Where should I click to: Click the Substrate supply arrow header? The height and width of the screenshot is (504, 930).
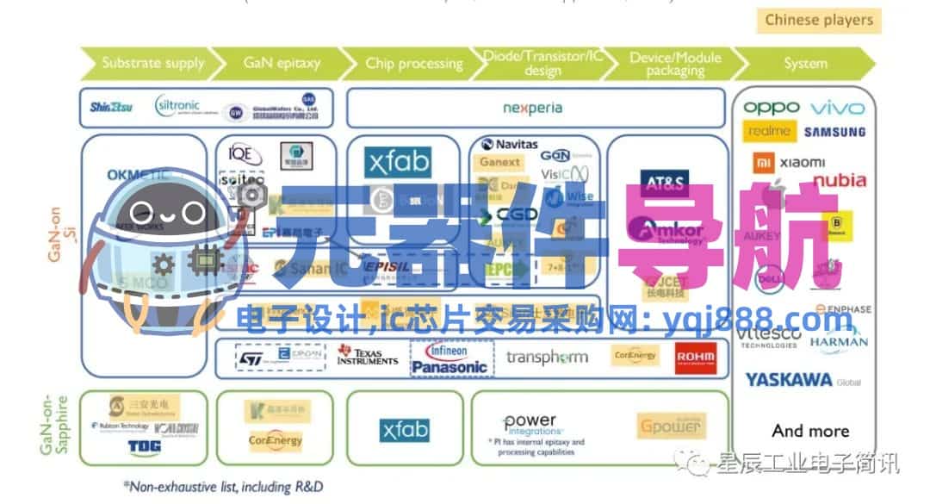152,63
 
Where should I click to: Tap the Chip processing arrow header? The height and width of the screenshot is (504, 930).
413,63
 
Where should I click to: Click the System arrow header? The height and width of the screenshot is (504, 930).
805,63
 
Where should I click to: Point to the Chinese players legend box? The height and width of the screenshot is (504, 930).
818,20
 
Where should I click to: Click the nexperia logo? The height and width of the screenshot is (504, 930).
532,108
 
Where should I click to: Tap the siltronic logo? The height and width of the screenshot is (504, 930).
177,106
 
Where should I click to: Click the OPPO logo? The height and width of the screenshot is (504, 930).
771,108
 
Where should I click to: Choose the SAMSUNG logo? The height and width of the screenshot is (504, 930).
834,132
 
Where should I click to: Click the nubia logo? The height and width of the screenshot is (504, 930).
840,180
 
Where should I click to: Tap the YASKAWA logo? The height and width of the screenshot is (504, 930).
789,379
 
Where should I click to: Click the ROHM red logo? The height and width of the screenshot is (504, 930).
696,357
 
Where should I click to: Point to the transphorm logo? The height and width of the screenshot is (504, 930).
547,357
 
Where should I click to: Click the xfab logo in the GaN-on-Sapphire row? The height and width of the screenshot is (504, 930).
405,429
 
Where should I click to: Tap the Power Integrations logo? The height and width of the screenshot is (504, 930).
530,423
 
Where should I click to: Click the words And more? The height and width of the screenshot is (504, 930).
810,431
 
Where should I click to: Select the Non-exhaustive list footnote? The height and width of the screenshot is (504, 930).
224,488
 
